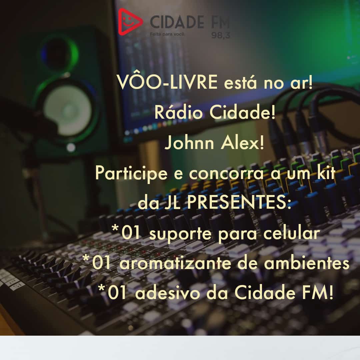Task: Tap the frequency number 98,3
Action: coord(220,35)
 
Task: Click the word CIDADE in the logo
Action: coord(177,22)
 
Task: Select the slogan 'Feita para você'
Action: coord(167,34)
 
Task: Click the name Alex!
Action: coord(242,143)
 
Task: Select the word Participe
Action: coord(131,174)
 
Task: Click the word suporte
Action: coord(180,234)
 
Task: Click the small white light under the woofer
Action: coord(71,147)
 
